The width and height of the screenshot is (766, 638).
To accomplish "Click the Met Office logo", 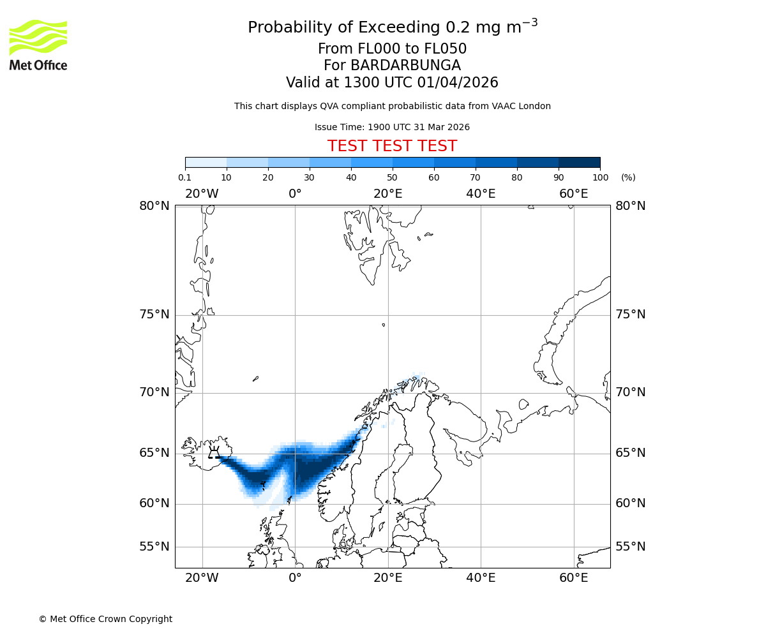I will (x=38, y=45).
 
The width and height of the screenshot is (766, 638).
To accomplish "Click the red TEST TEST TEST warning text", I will (x=392, y=146).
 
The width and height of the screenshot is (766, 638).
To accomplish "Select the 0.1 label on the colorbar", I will (x=185, y=177).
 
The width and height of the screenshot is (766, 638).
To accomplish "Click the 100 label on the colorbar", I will (x=600, y=177).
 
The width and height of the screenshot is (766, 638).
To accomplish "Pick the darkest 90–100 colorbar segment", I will (x=579, y=162).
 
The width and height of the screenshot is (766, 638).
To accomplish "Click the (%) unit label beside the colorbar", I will (x=628, y=177).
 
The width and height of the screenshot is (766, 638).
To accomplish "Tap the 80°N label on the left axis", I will (x=154, y=205).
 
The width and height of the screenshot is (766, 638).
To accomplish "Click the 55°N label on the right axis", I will (x=630, y=547).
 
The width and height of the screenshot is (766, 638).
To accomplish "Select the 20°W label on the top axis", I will (x=202, y=193).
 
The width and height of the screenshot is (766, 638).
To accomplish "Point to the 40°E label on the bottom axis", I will (x=481, y=579).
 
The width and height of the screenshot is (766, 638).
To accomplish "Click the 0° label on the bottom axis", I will (x=295, y=579).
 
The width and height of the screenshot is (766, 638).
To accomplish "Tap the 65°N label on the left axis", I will (x=154, y=453).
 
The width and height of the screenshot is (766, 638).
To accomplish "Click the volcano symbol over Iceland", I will (x=214, y=453).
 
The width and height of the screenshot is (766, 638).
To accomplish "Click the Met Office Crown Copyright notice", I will (x=105, y=619).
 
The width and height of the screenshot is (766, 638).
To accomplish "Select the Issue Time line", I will (x=392, y=127).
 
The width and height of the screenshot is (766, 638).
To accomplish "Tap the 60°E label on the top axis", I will (x=573, y=193).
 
